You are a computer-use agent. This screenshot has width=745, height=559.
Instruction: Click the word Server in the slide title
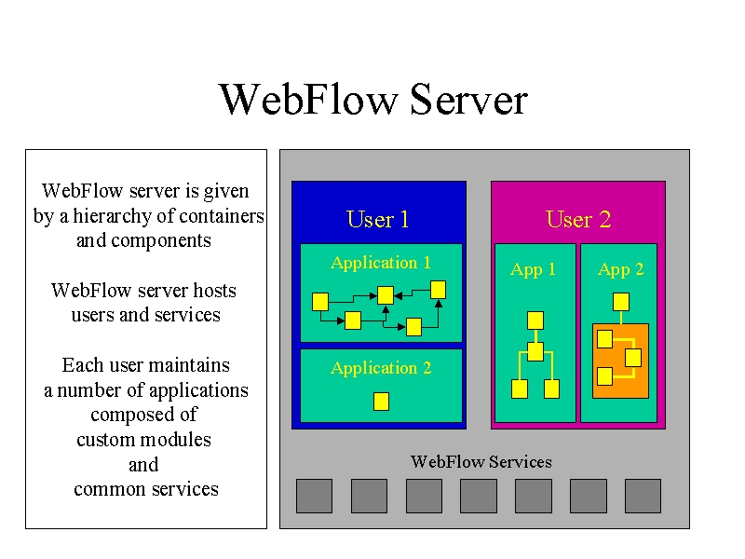(x=468, y=100)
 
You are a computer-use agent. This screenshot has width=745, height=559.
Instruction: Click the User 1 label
(x=378, y=219)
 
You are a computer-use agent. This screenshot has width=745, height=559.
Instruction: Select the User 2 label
(x=578, y=219)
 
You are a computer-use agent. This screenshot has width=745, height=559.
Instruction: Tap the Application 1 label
(x=381, y=263)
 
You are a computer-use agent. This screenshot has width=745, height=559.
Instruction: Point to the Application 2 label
(x=381, y=368)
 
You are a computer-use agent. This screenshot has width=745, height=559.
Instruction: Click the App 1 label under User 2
(x=533, y=269)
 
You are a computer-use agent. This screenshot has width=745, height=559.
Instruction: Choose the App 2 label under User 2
(x=620, y=269)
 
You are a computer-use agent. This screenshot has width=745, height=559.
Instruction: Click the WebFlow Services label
(x=481, y=461)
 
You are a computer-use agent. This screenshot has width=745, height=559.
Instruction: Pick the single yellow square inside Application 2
(x=381, y=402)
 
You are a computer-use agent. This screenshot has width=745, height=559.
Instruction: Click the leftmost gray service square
(x=314, y=496)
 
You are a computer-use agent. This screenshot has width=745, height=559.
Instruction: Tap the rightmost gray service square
(x=643, y=496)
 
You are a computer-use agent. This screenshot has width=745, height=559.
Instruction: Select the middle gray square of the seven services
(x=479, y=496)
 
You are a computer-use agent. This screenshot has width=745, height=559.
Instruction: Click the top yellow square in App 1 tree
(x=535, y=320)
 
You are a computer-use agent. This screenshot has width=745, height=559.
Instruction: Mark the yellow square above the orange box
(x=621, y=302)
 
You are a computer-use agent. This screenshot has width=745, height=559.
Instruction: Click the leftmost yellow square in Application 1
(x=320, y=302)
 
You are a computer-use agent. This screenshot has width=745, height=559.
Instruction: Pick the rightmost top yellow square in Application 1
(x=438, y=290)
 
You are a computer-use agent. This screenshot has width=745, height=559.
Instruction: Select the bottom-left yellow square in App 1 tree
(x=520, y=389)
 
